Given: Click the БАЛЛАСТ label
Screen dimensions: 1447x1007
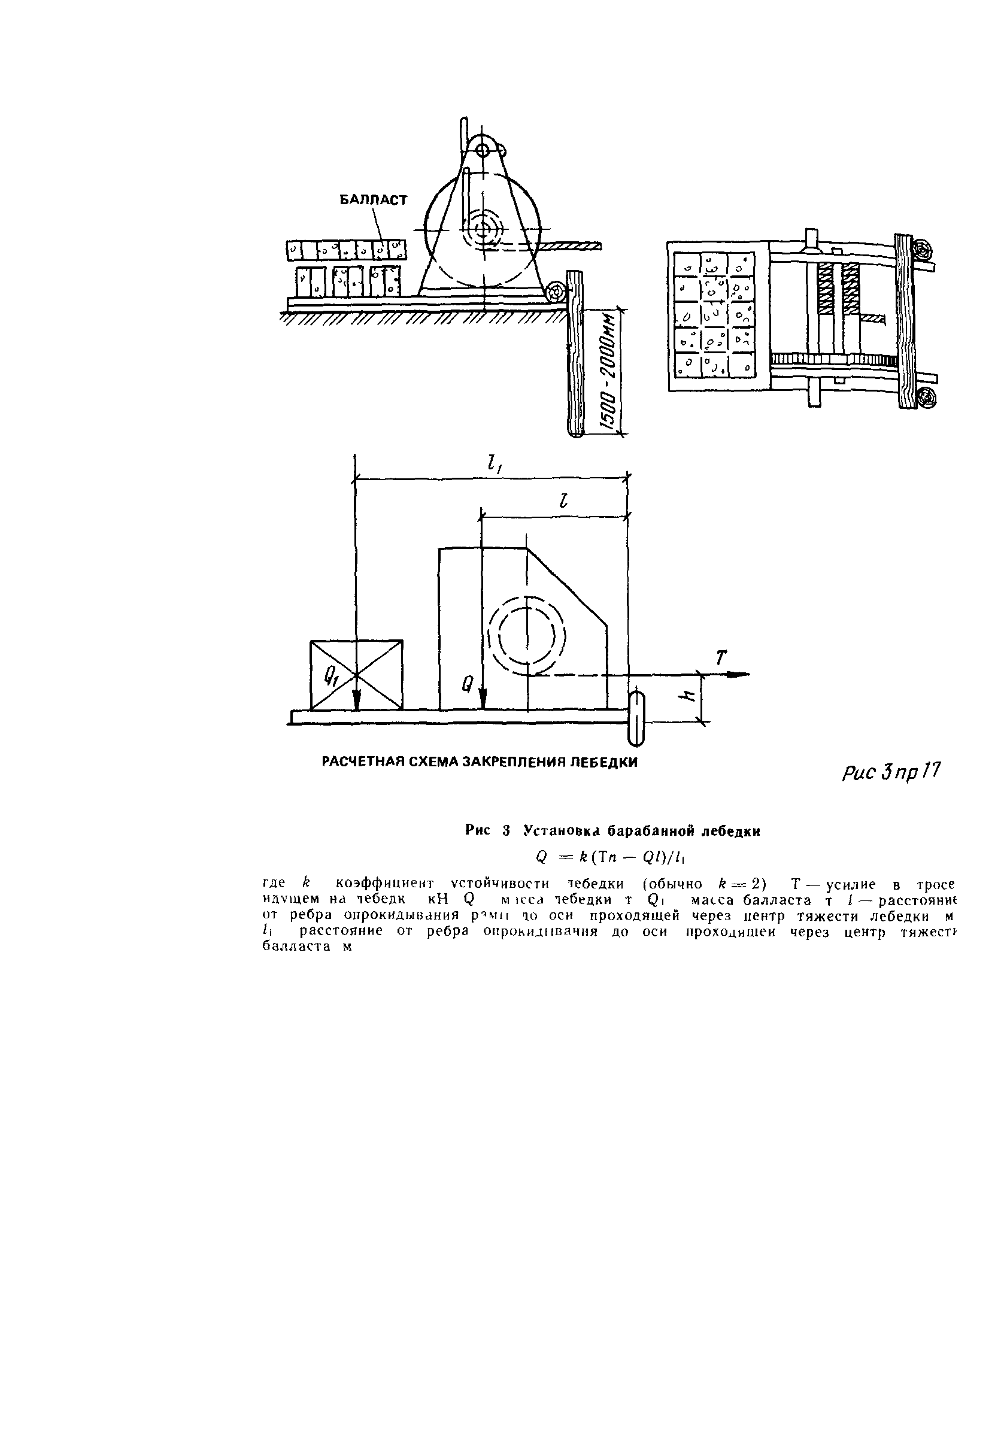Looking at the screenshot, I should (373, 200).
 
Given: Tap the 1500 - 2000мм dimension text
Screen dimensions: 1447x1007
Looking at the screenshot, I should (609, 372).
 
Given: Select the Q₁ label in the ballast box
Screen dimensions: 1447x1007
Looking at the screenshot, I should (331, 677).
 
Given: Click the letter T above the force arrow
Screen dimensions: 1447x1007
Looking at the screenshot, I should (721, 658).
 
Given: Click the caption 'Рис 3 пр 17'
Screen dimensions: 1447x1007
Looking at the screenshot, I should (890, 772).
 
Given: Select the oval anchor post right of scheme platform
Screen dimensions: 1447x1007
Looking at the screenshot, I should (635, 717).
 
